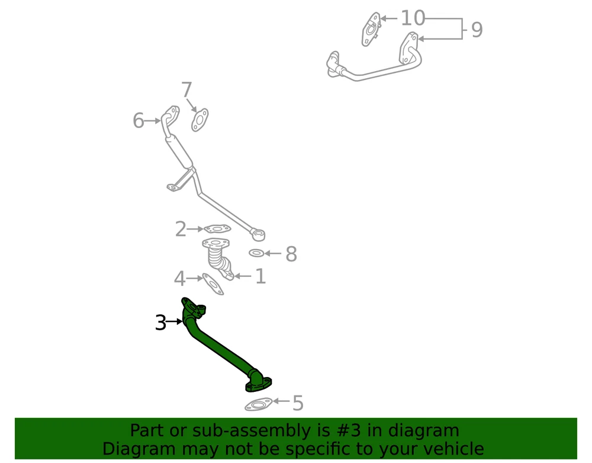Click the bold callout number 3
pos(160,322)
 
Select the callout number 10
pos(413,18)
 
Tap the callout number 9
pos(477,30)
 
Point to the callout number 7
pos(186,90)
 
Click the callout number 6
pos(138,120)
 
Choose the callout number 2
pos(181,229)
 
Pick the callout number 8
pos(291,254)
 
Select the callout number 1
pos(260,276)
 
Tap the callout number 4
pos(179,279)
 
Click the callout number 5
pos(298,403)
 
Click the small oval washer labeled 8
pos(256,253)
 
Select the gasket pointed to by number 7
pos(200,120)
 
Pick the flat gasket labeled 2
pos(217,229)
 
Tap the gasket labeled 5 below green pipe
pos(258,405)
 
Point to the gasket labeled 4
pos(213,284)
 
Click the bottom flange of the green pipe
pos(259,385)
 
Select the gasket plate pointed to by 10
pos(371,30)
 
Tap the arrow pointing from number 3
pos(175,322)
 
